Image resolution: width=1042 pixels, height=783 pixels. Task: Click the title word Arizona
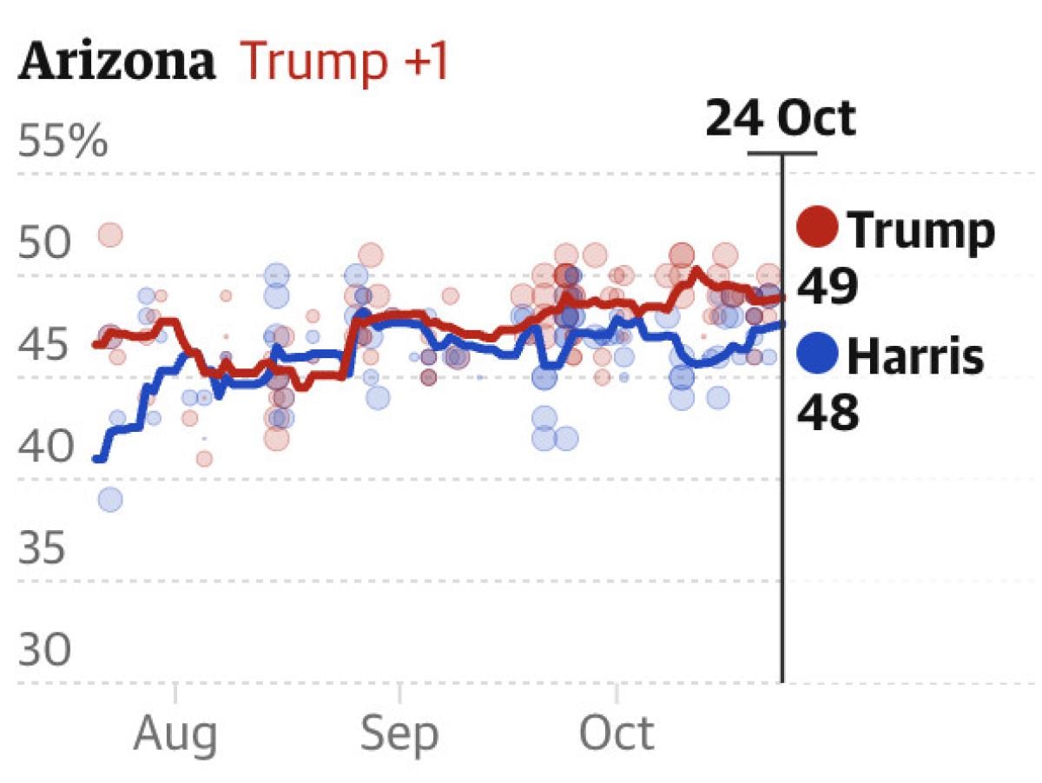click(x=116, y=63)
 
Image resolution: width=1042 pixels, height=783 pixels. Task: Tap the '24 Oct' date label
click(x=780, y=119)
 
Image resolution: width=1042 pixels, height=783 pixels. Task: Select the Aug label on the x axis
click(x=175, y=735)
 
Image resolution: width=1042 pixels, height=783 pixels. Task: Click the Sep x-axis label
click(x=399, y=735)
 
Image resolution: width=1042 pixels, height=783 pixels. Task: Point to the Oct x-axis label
click(x=617, y=735)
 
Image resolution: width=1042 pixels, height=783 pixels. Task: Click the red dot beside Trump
click(x=817, y=228)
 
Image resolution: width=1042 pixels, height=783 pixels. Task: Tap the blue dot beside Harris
click(x=817, y=355)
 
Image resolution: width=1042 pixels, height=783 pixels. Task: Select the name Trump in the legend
click(x=920, y=229)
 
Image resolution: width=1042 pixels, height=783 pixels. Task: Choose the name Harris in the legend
click(x=915, y=356)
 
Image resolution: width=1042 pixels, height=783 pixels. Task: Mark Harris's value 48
click(x=828, y=414)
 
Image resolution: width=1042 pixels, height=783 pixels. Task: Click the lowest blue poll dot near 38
click(x=110, y=499)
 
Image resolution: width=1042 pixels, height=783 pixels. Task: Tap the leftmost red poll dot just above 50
click(x=110, y=234)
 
